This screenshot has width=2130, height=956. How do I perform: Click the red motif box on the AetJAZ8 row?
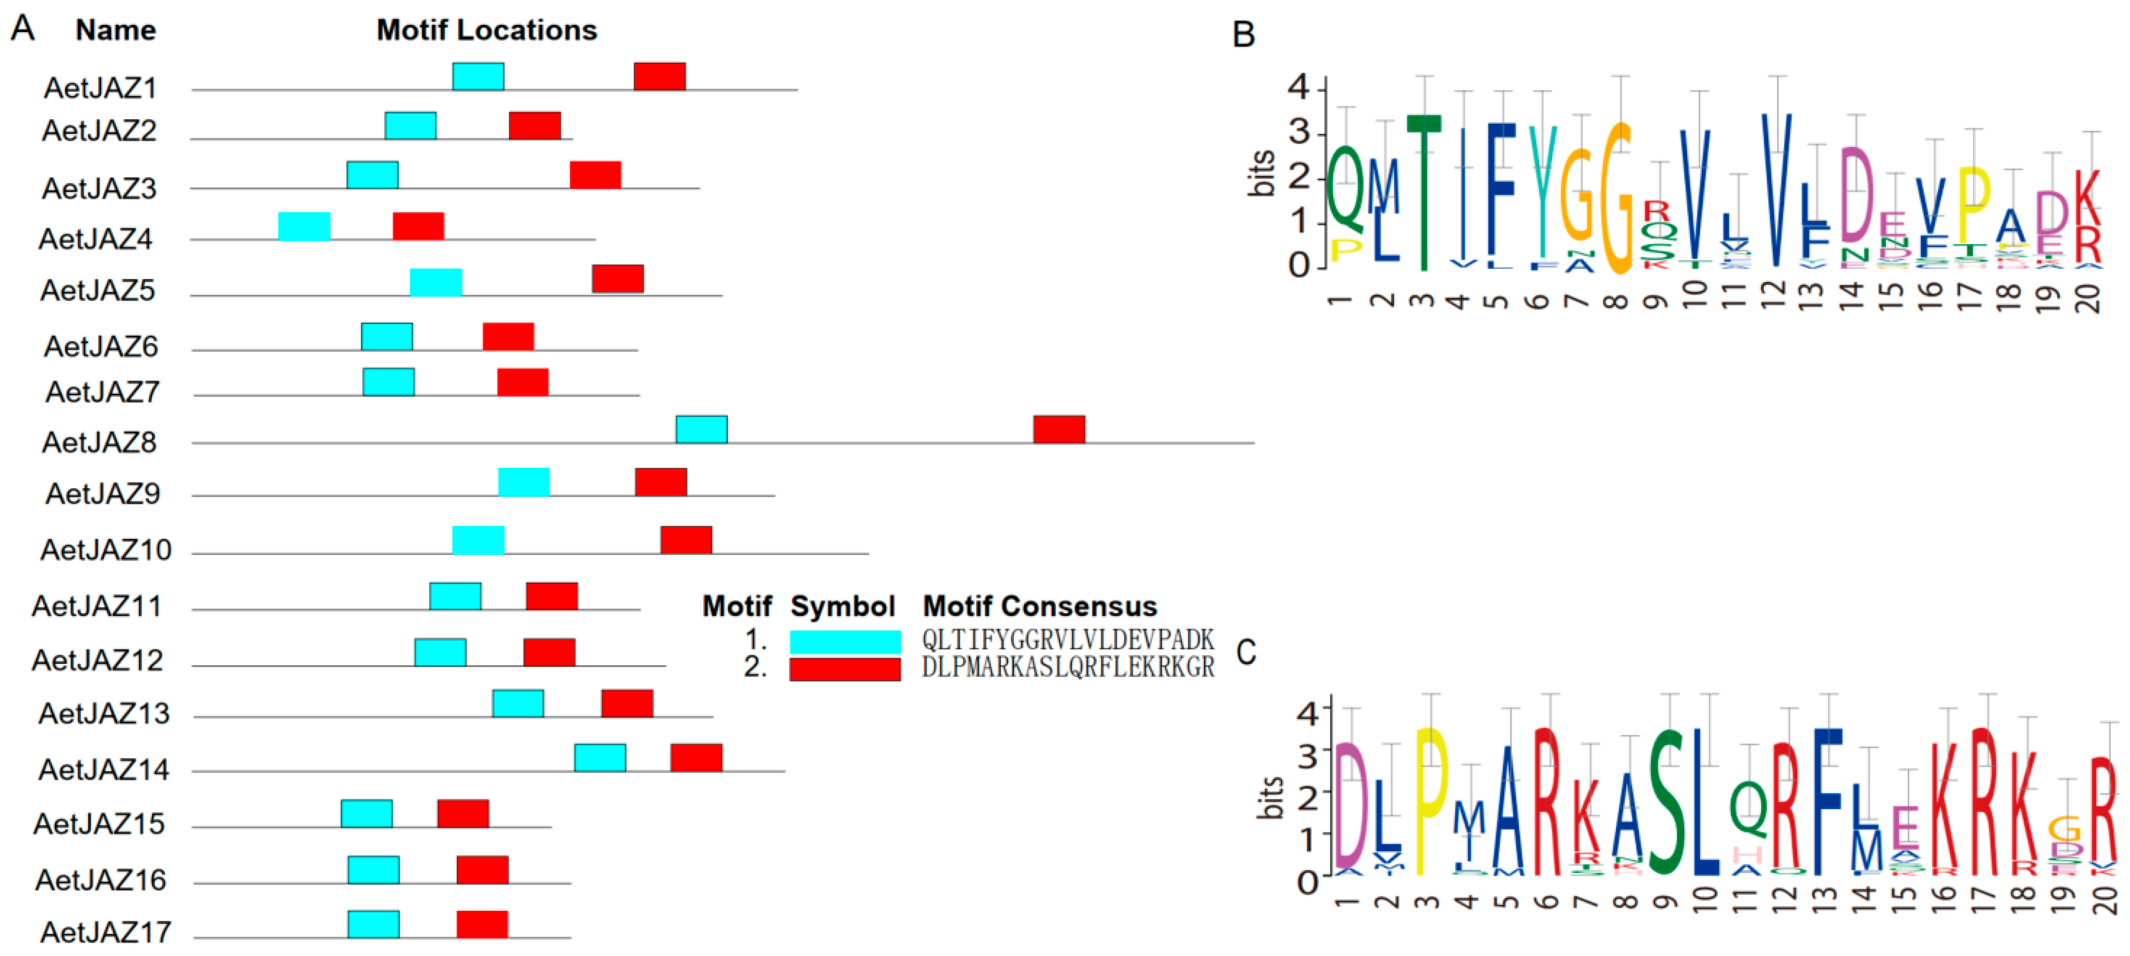tap(1059, 429)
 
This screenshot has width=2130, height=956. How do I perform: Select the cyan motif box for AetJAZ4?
tap(304, 226)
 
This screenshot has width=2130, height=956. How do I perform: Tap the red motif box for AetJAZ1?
tap(659, 76)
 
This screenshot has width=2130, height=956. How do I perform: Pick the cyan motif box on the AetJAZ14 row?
tap(600, 758)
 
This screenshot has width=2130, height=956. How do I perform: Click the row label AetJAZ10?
tap(106, 550)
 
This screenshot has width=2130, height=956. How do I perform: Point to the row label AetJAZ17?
tap(106, 932)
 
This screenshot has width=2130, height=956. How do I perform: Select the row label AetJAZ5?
tap(98, 290)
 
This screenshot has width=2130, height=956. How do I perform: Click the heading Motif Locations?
tap(486, 30)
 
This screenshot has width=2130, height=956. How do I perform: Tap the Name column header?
tap(116, 30)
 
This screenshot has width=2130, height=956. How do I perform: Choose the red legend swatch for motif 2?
tap(844, 668)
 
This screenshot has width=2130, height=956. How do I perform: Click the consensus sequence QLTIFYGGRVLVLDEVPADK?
tap(1068, 639)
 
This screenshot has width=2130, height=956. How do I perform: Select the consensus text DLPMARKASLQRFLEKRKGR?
tap(1068, 667)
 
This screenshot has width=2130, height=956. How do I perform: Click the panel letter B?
tap(1243, 34)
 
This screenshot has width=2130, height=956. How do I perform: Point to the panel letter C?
tap(1245, 653)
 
